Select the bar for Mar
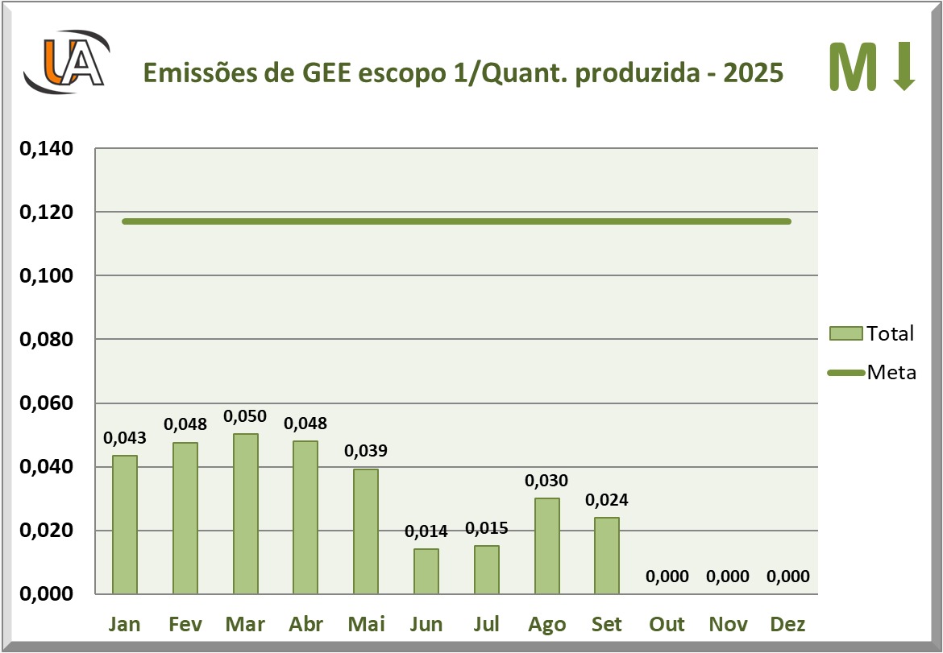coord(246,514)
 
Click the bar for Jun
coord(426,572)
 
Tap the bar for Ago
coord(547,546)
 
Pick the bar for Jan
coord(125,524)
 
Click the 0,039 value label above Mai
coord(366,451)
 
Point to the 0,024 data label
coord(607,499)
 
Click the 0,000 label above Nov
coord(728,577)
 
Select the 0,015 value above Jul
coord(486,528)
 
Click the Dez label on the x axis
coord(787,624)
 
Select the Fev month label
coord(185,624)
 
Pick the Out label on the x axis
coord(667,624)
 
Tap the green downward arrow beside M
coord(904,66)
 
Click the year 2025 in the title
coord(754,72)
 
